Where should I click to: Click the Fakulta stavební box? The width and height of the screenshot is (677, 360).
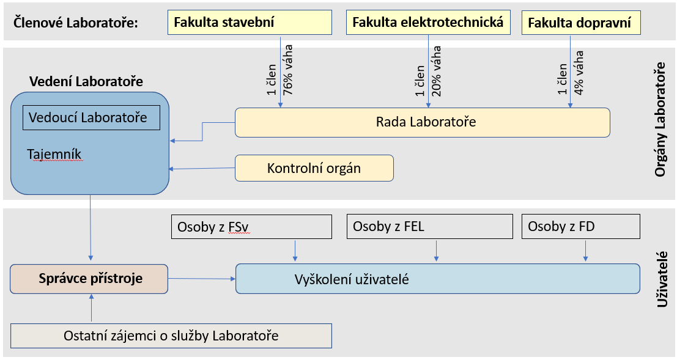tap(250, 23)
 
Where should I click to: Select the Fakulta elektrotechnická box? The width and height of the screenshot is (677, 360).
tap(428, 23)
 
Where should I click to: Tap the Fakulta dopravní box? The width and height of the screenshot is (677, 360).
tap(581, 23)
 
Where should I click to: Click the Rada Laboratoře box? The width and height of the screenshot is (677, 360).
tap(422, 123)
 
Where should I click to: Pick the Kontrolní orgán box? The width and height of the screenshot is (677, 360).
tap(314, 168)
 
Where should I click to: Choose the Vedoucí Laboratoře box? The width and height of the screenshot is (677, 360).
tap(91, 117)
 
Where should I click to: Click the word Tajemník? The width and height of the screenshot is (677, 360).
tap(54, 155)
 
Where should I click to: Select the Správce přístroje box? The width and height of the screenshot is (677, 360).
tap(89, 279)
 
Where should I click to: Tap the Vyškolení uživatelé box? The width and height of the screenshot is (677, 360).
tap(438, 279)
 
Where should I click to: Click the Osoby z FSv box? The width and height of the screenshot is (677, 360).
tap(252, 227)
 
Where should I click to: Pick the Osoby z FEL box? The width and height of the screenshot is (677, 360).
tap(429, 227)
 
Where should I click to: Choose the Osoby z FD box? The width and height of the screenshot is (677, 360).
tap(581, 227)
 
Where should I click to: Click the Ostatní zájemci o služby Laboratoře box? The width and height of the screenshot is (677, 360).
tap(171, 336)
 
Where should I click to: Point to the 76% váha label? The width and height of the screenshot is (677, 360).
tap(287, 70)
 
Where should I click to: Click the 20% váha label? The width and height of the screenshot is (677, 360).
tap(436, 71)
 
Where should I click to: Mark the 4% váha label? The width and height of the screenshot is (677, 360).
tap(579, 73)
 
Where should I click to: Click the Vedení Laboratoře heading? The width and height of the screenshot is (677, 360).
tap(86, 81)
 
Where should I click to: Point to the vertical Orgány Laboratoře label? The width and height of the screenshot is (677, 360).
tap(660, 120)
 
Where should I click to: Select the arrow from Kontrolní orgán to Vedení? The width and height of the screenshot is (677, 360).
tap(202, 168)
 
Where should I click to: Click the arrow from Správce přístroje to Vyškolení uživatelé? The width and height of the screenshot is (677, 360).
tap(202, 279)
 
